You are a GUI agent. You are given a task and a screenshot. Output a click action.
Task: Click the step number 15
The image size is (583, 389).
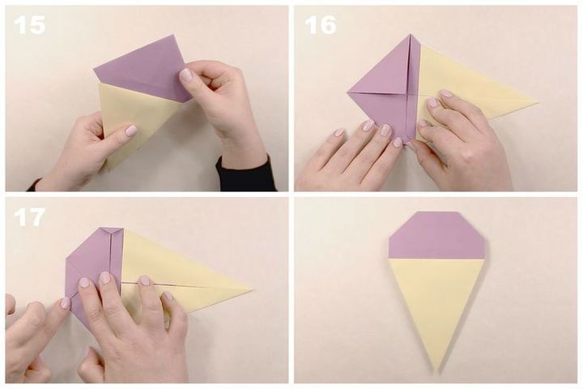tap(29, 25)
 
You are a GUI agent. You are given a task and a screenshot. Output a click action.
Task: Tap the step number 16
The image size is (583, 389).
tap(320, 25)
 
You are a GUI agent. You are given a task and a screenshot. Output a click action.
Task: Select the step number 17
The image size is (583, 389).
tap(29, 217)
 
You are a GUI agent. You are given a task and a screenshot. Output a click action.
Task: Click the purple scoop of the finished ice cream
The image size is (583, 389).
tap(436, 235)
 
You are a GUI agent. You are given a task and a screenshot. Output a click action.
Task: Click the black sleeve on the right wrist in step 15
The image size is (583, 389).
tap(245, 174)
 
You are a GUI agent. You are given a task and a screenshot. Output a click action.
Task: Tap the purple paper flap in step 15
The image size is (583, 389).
tap(143, 69)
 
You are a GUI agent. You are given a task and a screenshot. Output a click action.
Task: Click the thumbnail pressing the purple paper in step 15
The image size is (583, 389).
tap(185, 75)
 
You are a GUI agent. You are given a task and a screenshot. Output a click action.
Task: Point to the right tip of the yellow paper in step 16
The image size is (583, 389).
tap(538, 101)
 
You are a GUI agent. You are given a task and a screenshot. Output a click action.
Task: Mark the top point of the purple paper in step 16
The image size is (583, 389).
tap(410, 35)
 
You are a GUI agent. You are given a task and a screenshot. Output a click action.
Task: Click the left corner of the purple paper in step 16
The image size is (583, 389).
tap(348, 92)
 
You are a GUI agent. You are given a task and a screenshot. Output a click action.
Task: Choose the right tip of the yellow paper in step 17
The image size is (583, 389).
tap(253, 289)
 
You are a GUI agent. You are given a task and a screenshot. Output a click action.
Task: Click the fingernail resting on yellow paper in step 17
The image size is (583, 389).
tap(145, 280)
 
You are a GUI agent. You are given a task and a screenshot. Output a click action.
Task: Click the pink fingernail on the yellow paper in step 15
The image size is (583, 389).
tap(130, 130)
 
